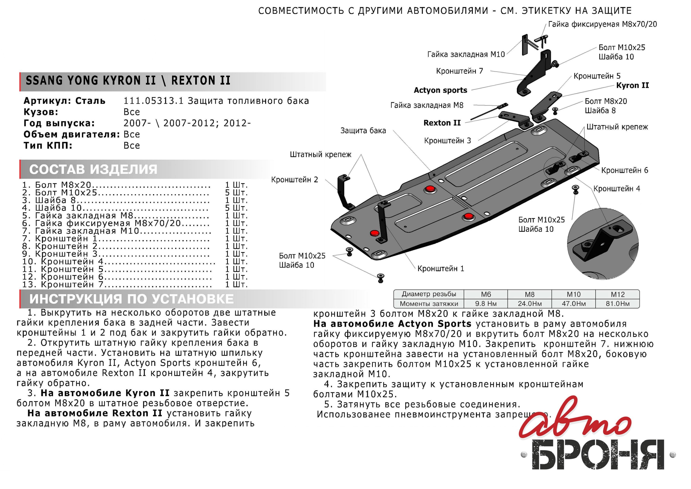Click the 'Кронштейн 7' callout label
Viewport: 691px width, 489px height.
click(459, 71)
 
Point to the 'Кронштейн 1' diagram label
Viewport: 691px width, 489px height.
click(441, 268)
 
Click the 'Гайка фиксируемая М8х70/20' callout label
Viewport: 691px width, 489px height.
click(603, 24)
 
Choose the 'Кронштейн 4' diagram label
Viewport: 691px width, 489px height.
click(617, 189)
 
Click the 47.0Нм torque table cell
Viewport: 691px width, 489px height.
click(573, 304)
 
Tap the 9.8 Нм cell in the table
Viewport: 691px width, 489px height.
click(486, 304)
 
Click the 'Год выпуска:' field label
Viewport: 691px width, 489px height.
click(59, 123)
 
